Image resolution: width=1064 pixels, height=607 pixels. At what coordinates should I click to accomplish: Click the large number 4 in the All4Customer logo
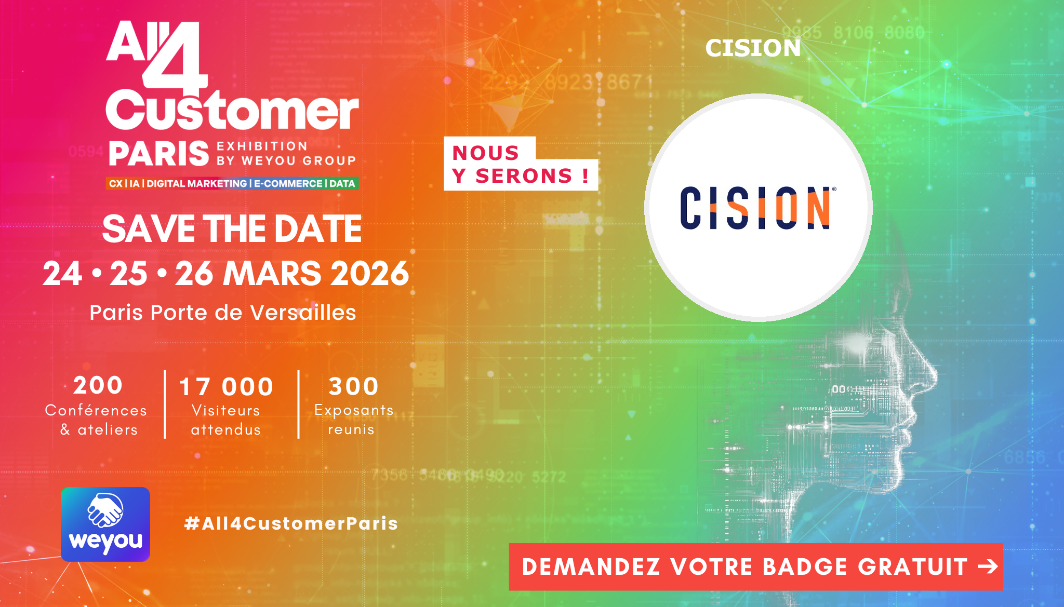(x=176, y=56)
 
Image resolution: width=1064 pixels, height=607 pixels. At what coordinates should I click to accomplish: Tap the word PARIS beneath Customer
(x=158, y=154)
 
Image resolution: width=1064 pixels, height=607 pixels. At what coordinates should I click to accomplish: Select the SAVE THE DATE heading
(x=232, y=229)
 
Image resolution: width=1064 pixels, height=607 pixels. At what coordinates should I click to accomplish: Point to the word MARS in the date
(x=272, y=274)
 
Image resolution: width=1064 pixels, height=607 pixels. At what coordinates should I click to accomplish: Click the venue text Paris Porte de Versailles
(x=223, y=313)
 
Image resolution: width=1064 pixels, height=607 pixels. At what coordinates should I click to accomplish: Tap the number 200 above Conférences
(x=98, y=386)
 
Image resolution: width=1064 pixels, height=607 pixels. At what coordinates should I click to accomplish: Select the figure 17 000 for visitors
(x=226, y=387)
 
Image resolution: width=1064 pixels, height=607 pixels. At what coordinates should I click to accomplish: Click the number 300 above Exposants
(x=353, y=386)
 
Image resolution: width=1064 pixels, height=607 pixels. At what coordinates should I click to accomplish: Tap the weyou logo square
(x=105, y=524)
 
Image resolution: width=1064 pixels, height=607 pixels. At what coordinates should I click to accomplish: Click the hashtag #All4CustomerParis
(x=291, y=523)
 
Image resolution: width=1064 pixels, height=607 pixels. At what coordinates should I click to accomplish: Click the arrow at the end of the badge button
(x=987, y=566)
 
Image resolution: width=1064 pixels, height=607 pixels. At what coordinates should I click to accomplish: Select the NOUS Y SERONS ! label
(x=521, y=164)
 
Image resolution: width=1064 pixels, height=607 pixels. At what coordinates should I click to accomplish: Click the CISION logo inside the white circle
(x=757, y=208)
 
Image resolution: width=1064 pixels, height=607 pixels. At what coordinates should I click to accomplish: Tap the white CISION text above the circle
(x=753, y=48)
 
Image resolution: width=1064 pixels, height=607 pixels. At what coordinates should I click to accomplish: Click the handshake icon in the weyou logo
(x=105, y=509)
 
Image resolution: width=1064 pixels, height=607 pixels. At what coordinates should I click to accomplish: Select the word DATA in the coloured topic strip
(x=342, y=183)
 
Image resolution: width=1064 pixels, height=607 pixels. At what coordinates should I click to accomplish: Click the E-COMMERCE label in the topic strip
(x=288, y=183)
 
